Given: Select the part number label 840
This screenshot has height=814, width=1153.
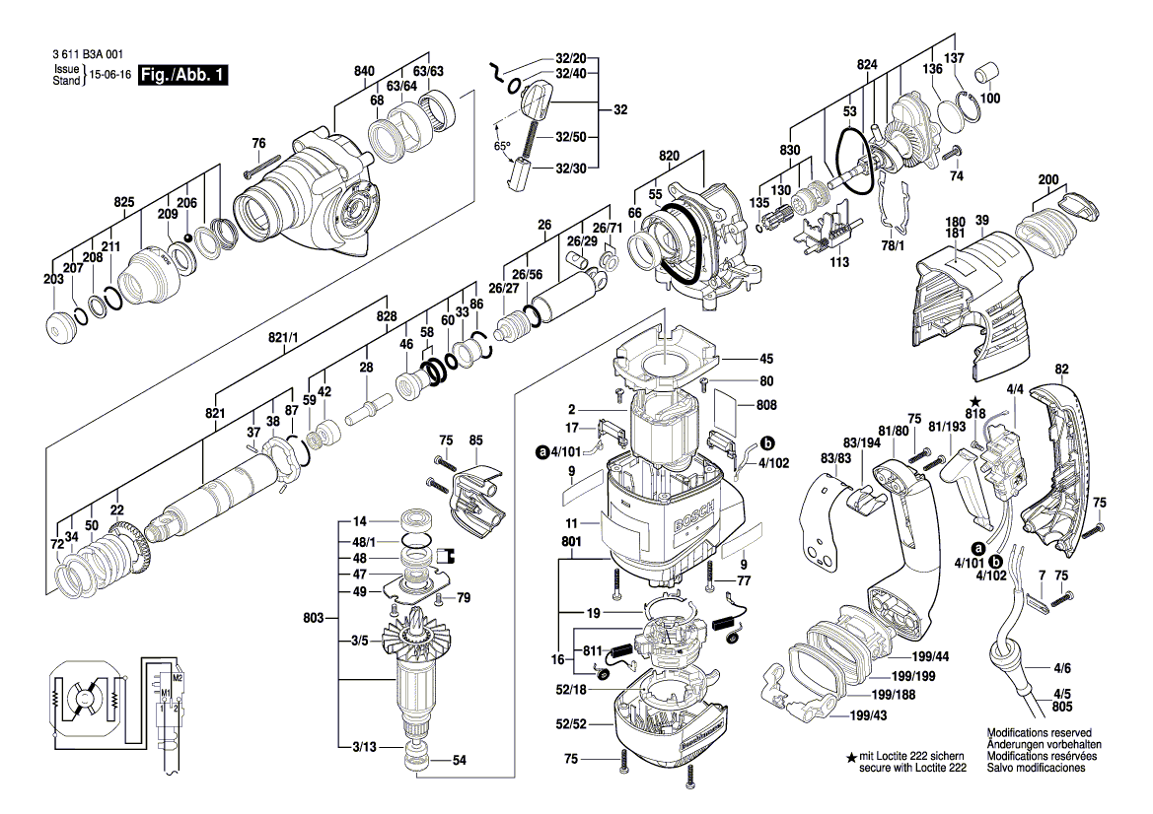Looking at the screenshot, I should pyautogui.click(x=365, y=71).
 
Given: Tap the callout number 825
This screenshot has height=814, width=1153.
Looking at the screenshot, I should pyautogui.click(x=123, y=202).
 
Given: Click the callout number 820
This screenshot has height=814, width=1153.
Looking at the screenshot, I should pyautogui.click(x=671, y=157).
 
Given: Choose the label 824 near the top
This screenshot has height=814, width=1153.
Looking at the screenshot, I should pyautogui.click(x=839, y=64).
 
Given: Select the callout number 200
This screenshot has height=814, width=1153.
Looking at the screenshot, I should pyautogui.click(x=1048, y=179).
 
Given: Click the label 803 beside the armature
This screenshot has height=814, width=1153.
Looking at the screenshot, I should pyautogui.click(x=315, y=619).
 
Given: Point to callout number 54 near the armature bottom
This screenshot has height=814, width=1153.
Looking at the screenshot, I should pyautogui.click(x=459, y=761).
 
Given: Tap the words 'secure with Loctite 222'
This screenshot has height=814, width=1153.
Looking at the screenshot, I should pyautogui.click(x=912, y=768).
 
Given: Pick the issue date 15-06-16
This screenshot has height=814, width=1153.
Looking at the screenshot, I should pyautogui.click(x=111, y=76).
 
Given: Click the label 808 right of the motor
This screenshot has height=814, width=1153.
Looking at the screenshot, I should pyautogui.click(x=766, y=403).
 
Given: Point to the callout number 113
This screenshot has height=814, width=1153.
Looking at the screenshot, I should pyautogui.click(x=839, y=263).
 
